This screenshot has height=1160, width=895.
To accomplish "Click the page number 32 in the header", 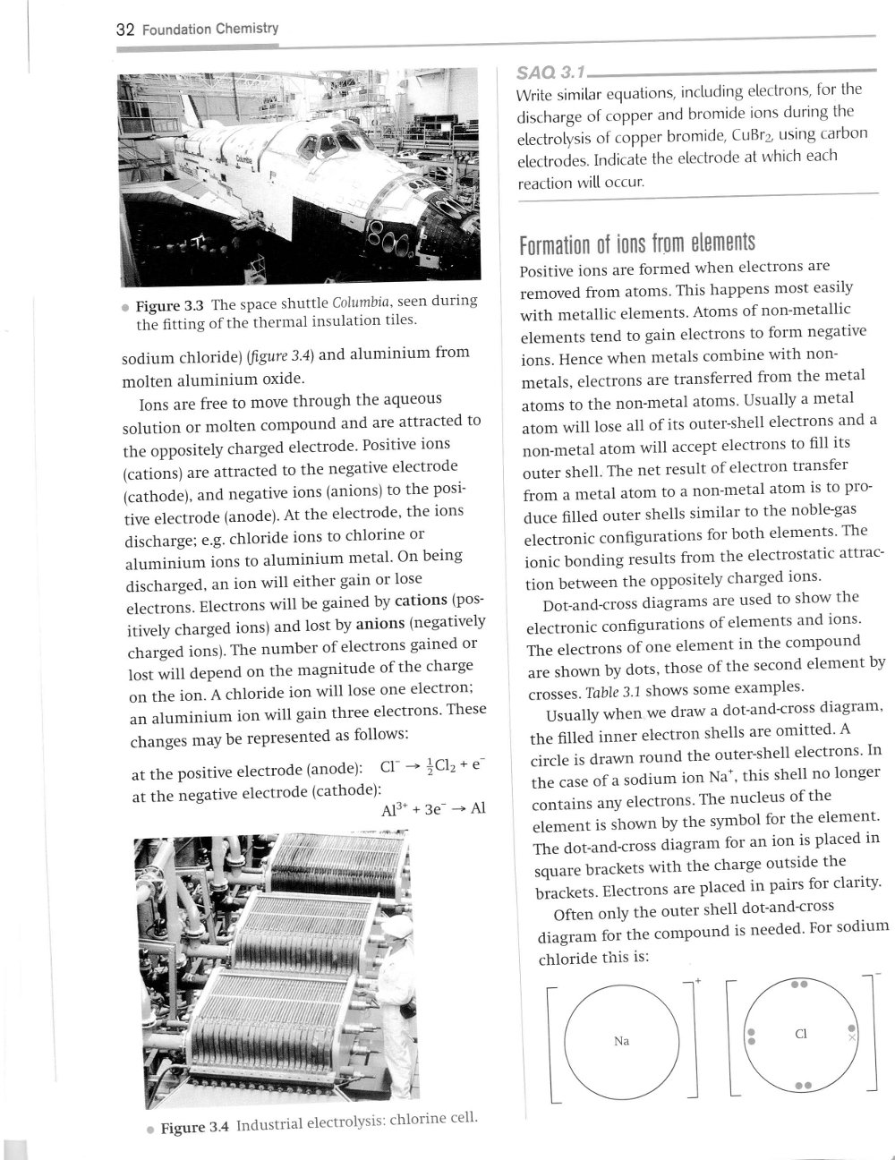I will coord(126,30).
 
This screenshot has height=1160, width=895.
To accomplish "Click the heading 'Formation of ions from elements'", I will coord(637,243).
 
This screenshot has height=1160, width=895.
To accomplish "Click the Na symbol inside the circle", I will coord(622,1041).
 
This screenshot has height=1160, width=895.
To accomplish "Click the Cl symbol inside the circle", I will coord(801,1033).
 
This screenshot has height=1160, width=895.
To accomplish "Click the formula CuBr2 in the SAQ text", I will coord(771,134).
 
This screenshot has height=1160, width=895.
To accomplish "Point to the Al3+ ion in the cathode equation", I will coord(395,809).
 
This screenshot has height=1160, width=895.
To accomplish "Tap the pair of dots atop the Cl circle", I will coord(800,984).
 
